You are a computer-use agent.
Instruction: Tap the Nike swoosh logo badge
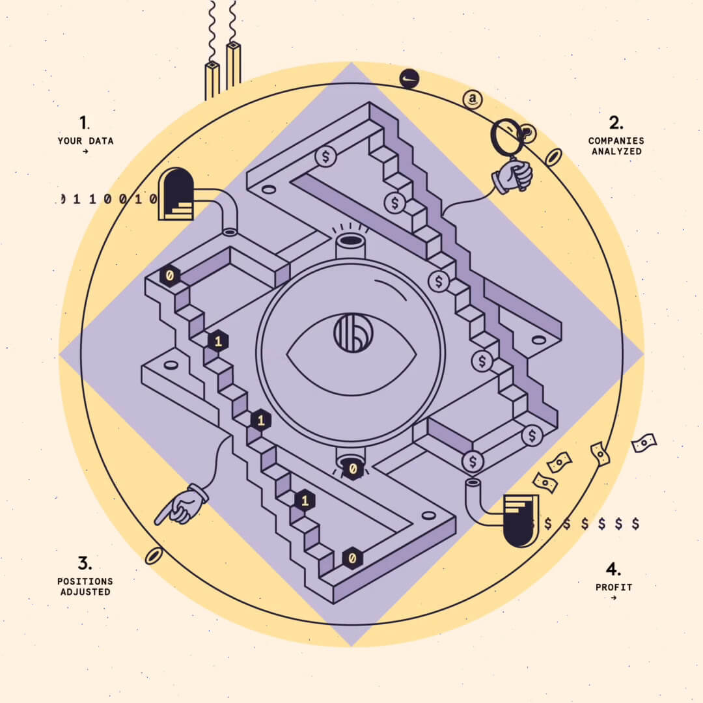[x=409, y=79]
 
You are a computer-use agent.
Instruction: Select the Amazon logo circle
[x=473, y=99]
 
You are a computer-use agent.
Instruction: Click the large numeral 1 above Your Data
[x=83, y=122]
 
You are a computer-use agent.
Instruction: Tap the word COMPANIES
[x=616, y=141]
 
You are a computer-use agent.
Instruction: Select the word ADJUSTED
[x=85, y=592]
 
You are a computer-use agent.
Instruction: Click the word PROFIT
[x=614, y=587]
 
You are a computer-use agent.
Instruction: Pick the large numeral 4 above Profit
[x=613, y=569]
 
